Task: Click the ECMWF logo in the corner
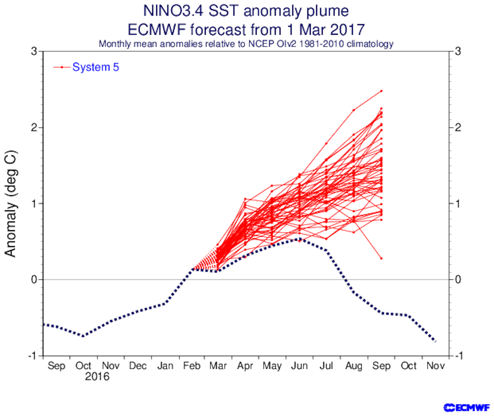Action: (466, 408)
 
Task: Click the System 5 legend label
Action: (96, 67)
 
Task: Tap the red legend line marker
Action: (62, 67)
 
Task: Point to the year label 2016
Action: (97, 377)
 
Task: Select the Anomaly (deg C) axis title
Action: (11, 203)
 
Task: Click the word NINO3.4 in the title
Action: (173, 11)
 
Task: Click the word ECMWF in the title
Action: (157, 30)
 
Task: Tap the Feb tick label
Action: (192, 366)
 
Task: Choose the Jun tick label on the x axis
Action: (299, 366)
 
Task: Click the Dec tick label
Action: (138, 366)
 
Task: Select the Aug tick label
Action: (354, 366)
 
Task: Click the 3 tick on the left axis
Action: (34, 51)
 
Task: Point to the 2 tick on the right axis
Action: (458, 127)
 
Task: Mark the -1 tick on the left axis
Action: (32, 356)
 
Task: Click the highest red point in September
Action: (381, 91)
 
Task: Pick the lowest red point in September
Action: (381, 258)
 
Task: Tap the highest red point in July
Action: (326, 144)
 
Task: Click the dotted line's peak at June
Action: (299, 239)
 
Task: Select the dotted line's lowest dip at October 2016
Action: (83, 336)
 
